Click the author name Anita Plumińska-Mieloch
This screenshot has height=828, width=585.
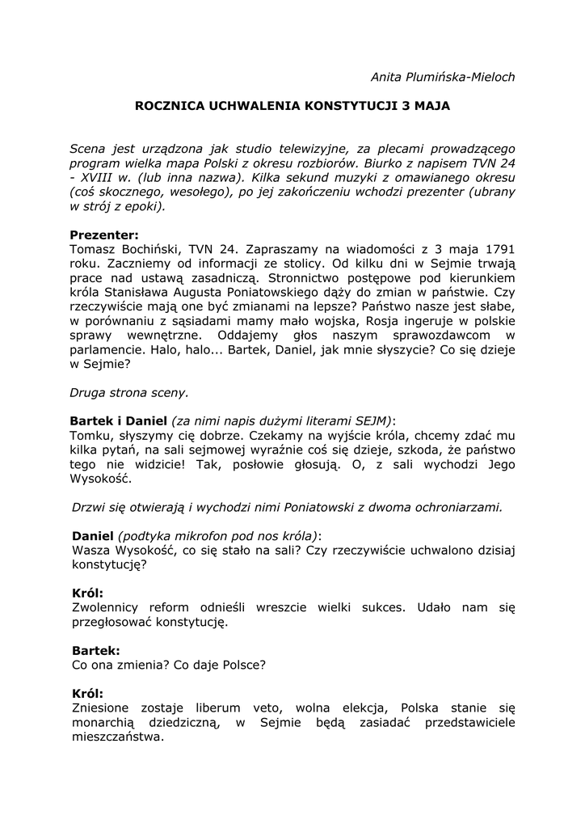pyautogui.click(x=442, y=77)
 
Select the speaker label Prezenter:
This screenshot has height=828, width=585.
pyautogui.click(x=104, y=234)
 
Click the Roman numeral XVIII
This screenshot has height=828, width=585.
pyautogui.click(x=103, y=177)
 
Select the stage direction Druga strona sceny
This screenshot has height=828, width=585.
pyautogui.click(x=129, y=393)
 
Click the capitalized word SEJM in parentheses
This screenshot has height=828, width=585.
pyautogui.click(x=372, y=421)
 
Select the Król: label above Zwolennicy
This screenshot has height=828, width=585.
pyautogui.click(x=87, y=594)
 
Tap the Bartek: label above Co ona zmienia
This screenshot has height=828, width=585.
pyautogui.click(x=96, y=650)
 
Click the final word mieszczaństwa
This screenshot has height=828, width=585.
pyautogui.click(x=116, y=737)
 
